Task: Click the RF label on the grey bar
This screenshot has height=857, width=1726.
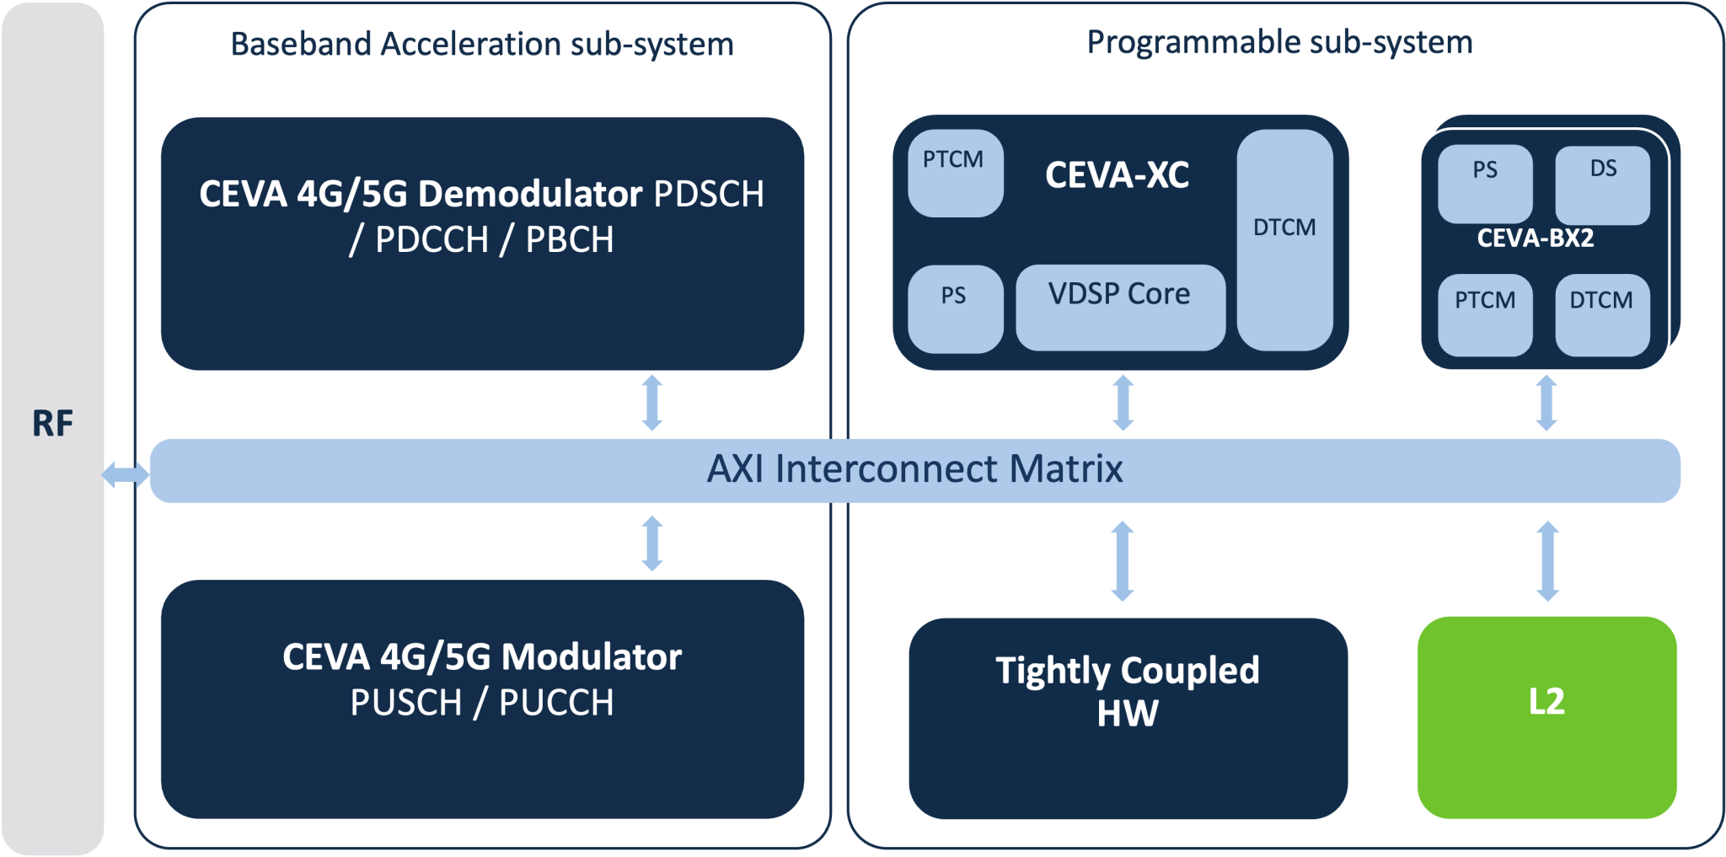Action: [x=52, y=423]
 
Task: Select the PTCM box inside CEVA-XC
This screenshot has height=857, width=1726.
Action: [x=955, y=173]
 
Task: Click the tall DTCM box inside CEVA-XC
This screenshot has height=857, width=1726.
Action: [x=1284, y=239]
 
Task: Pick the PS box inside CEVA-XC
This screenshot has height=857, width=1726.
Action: [x=955, y=308]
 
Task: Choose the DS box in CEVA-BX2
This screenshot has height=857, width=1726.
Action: [x=1602, y=184]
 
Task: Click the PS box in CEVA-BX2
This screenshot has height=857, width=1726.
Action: [x=1484, y=184]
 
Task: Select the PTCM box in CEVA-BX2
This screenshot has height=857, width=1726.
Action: [x=1484, y=314]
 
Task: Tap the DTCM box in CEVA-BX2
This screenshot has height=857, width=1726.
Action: [x=1601, y=314]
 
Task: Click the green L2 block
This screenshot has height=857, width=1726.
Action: [x=1546, y=716]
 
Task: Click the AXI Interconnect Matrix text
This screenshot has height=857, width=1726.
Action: [x=914, y=469]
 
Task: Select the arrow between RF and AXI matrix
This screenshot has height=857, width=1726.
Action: [x=126, y=475]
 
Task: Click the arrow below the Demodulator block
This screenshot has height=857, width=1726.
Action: [x=652, y=403]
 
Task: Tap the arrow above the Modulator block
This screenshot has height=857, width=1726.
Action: [x=652, y=544]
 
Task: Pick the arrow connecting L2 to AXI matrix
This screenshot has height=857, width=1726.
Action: [x=1547, y=560]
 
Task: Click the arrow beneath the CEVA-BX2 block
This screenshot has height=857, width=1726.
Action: [x=1546, y=403]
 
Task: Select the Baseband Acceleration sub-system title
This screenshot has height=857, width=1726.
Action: [x=481, y=44]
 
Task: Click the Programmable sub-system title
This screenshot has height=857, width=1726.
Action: [x=1279, y=42]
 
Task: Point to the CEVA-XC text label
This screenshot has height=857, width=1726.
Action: [x=1117, y=175]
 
